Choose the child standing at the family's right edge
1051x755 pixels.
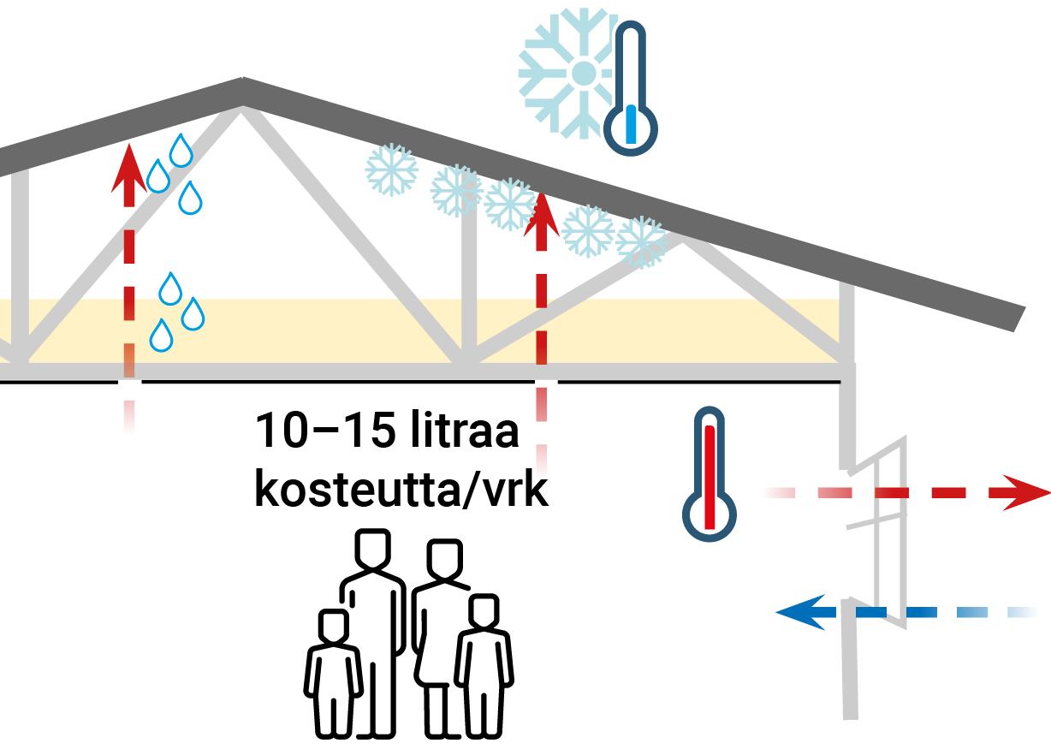(x=484, y=663)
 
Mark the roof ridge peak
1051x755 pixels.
(x=243, y=86)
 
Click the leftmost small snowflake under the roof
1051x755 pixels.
(x=391, y=169)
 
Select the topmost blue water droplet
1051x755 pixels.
(x=181, y=151)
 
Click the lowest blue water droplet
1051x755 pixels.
(x=161, y=335)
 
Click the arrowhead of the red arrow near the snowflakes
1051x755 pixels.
(x=541, y=214)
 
